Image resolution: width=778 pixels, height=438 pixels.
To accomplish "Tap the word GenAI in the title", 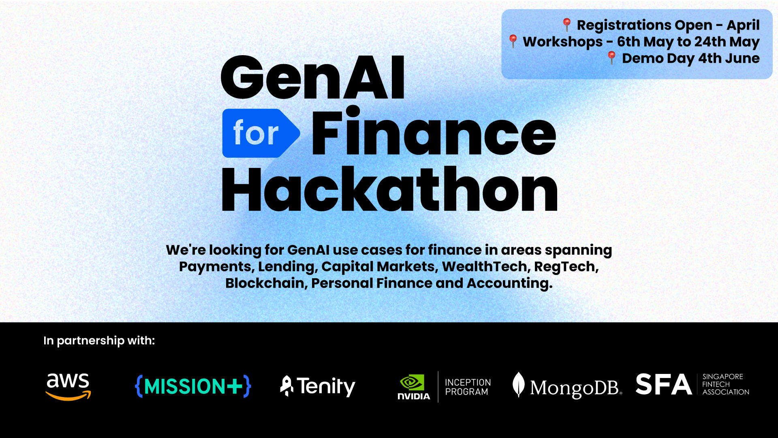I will click(312, 78).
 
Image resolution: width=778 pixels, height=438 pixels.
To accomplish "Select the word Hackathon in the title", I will click(389, 190).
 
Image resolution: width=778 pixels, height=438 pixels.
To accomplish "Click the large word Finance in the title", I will click(433, 132).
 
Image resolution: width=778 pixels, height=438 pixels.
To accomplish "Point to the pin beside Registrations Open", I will click(566, 24).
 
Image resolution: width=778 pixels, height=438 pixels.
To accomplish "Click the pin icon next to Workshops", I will click(513, 41).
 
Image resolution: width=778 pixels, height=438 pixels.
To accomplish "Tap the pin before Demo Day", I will click(611, 58).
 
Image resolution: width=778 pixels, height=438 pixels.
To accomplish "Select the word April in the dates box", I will click(743, 25).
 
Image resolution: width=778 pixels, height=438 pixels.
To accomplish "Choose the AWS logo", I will click(68, 386).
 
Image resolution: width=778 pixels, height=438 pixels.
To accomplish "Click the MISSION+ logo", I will click(193, 386).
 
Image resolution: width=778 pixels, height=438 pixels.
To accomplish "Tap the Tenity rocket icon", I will click(286, 386).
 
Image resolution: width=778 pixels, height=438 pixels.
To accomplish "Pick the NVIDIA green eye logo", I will click(412, 382).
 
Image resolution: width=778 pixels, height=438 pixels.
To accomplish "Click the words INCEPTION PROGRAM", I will click(468, 387).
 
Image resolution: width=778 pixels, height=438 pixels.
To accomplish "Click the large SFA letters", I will click(663, 384).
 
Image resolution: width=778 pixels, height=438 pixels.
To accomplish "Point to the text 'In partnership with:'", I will click(99, 341).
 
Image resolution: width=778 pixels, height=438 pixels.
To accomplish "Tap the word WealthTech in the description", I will click(485, 266).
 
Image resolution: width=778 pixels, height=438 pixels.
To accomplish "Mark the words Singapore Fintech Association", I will click(725, 384).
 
